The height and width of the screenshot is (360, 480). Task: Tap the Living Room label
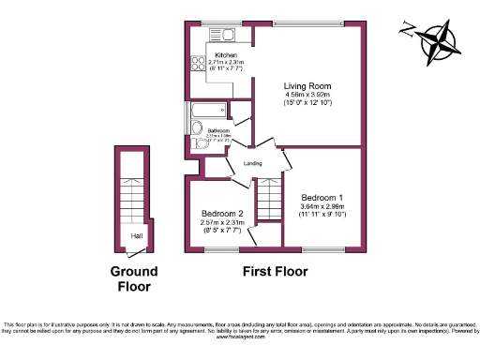pos(309,86)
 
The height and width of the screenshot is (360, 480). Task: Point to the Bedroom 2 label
pos(222,214)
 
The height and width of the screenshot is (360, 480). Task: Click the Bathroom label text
pos(218,130)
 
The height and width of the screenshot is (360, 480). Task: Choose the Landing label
pos(252,164)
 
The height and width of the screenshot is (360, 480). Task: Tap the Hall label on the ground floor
pos(136,236)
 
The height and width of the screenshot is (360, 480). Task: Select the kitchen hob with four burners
pos(199,65)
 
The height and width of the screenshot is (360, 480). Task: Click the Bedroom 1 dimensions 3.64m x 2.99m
pos(322,210)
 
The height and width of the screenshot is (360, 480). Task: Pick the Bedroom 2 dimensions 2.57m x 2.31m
pos(222,225)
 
